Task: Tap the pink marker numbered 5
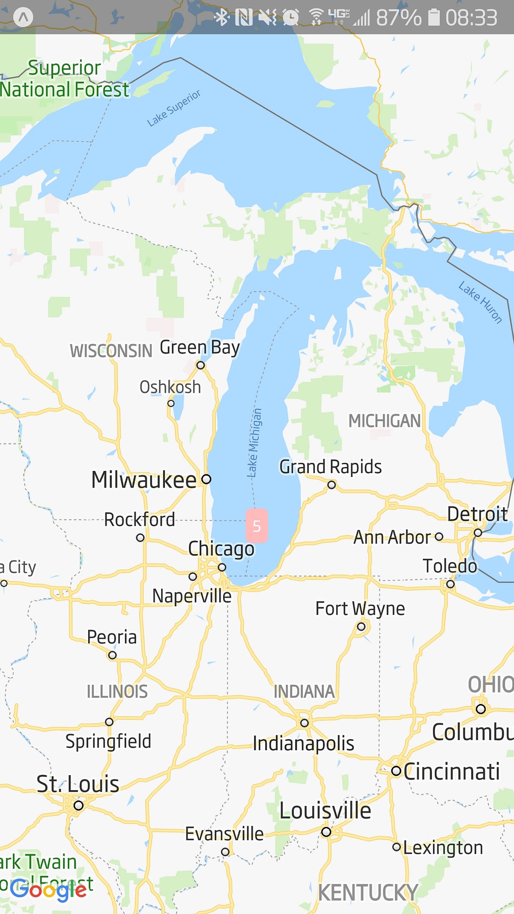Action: point(257,525)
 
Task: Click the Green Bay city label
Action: point(199,348)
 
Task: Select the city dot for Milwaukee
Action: point(206,479)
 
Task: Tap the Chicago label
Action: point(221,549)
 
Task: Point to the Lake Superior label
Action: point(173,108)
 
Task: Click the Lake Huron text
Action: point(480,302)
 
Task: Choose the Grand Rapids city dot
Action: point(332,485)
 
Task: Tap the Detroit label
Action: point(477,514)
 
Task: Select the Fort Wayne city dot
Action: point(361,626)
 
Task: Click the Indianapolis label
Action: point(303,743)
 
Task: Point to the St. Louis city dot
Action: point(78,805)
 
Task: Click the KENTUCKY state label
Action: point(368,893)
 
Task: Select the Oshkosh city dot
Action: point(171,403)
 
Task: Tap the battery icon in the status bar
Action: point(434,17)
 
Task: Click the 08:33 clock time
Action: point(471,18)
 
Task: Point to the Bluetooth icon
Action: point(221,17)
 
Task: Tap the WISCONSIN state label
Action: point(111,351)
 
